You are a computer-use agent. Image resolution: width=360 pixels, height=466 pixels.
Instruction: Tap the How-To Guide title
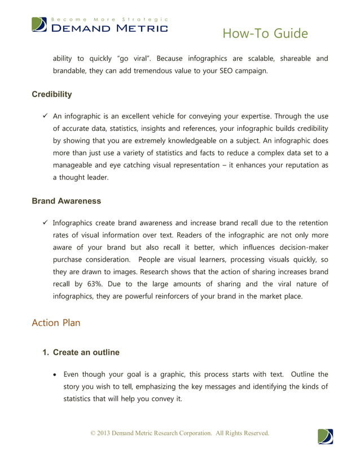click(x=265, y=34)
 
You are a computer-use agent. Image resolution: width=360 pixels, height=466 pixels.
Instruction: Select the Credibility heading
click(x=52, y=94)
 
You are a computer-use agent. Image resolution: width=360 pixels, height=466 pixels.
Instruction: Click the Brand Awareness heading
click(x=67, y=200)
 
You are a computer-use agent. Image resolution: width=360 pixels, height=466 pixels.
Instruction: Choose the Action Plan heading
click(x=56, y=323)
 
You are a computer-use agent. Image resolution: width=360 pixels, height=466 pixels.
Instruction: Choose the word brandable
click(x=72, y=72)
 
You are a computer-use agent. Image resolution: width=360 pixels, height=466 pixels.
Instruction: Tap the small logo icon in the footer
click(x=325, y=437)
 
